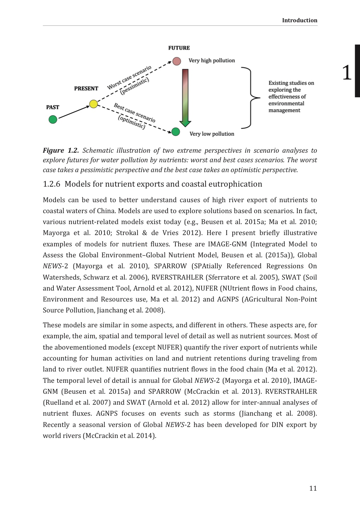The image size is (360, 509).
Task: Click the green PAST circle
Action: click(53, 119)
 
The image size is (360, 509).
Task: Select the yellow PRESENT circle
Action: click(93, 104)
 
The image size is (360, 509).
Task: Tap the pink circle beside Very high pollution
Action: click(177, 61)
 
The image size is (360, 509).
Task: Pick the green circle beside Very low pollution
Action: click(176, 132)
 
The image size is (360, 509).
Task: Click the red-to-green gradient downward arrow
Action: click(185, 97)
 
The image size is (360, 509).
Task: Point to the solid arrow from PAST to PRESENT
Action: click(73, 112)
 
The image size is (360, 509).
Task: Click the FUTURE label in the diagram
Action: click(179, 48)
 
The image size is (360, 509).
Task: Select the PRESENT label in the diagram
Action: click(86, 89)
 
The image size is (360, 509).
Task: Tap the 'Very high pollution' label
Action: click(211, 60)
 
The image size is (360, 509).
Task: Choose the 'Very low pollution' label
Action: click(212, 134)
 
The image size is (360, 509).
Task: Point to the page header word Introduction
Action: click(300, 21)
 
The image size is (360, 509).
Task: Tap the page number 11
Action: click(313, 488)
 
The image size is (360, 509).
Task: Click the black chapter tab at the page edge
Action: click(358, 71)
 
